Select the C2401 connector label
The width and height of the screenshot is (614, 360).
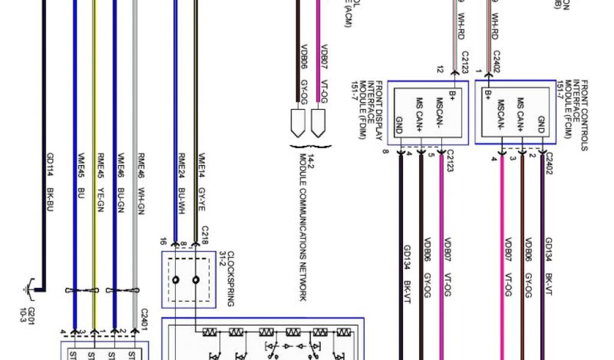point(143,318)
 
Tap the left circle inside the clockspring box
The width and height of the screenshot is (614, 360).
point(176,280)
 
